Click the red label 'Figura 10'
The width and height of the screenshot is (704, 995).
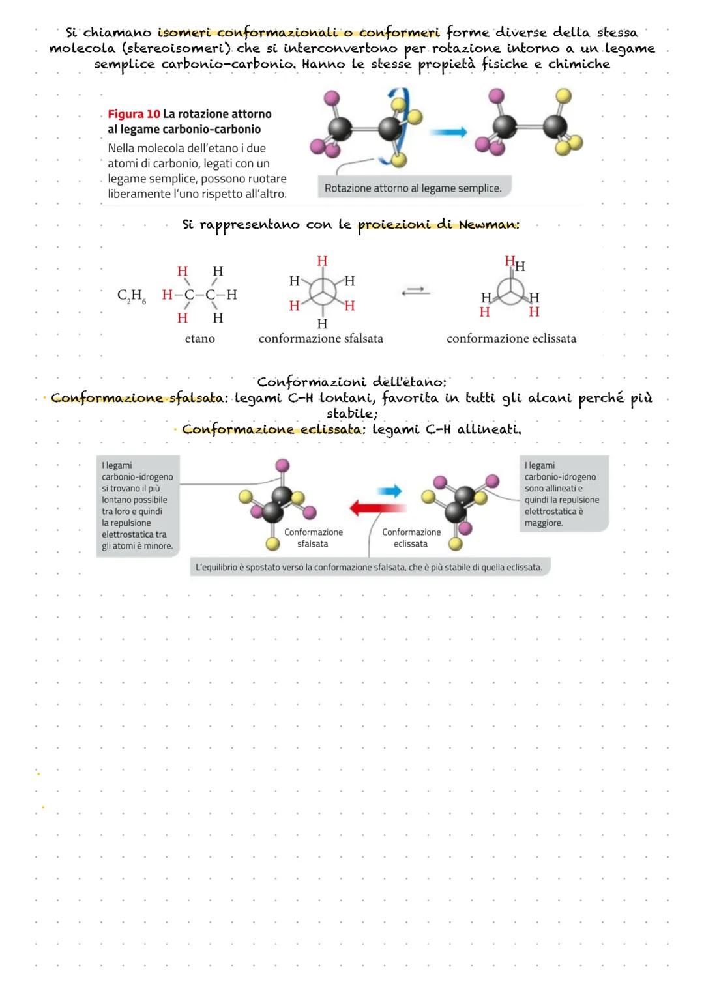(134, 114)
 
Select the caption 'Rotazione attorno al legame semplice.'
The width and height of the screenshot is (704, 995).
(413, 188)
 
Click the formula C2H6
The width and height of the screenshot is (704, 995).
(132, 296)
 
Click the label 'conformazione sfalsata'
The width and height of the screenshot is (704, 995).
(321, 338)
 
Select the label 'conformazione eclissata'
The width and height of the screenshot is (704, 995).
(511, 338)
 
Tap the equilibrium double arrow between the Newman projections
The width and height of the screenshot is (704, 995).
(416, 293)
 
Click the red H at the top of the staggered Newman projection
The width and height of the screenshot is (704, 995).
(322, 261)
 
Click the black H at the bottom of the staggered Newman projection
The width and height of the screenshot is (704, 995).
(322, 323)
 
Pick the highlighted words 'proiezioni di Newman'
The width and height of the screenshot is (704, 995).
(438, 225)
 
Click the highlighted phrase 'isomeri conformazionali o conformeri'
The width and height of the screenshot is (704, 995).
(299, 33)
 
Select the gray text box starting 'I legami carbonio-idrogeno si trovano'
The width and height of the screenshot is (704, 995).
(138, 506)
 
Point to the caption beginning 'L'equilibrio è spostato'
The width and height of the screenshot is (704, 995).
(369, 567)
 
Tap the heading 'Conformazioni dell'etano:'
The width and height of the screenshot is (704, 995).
(352, 382)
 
